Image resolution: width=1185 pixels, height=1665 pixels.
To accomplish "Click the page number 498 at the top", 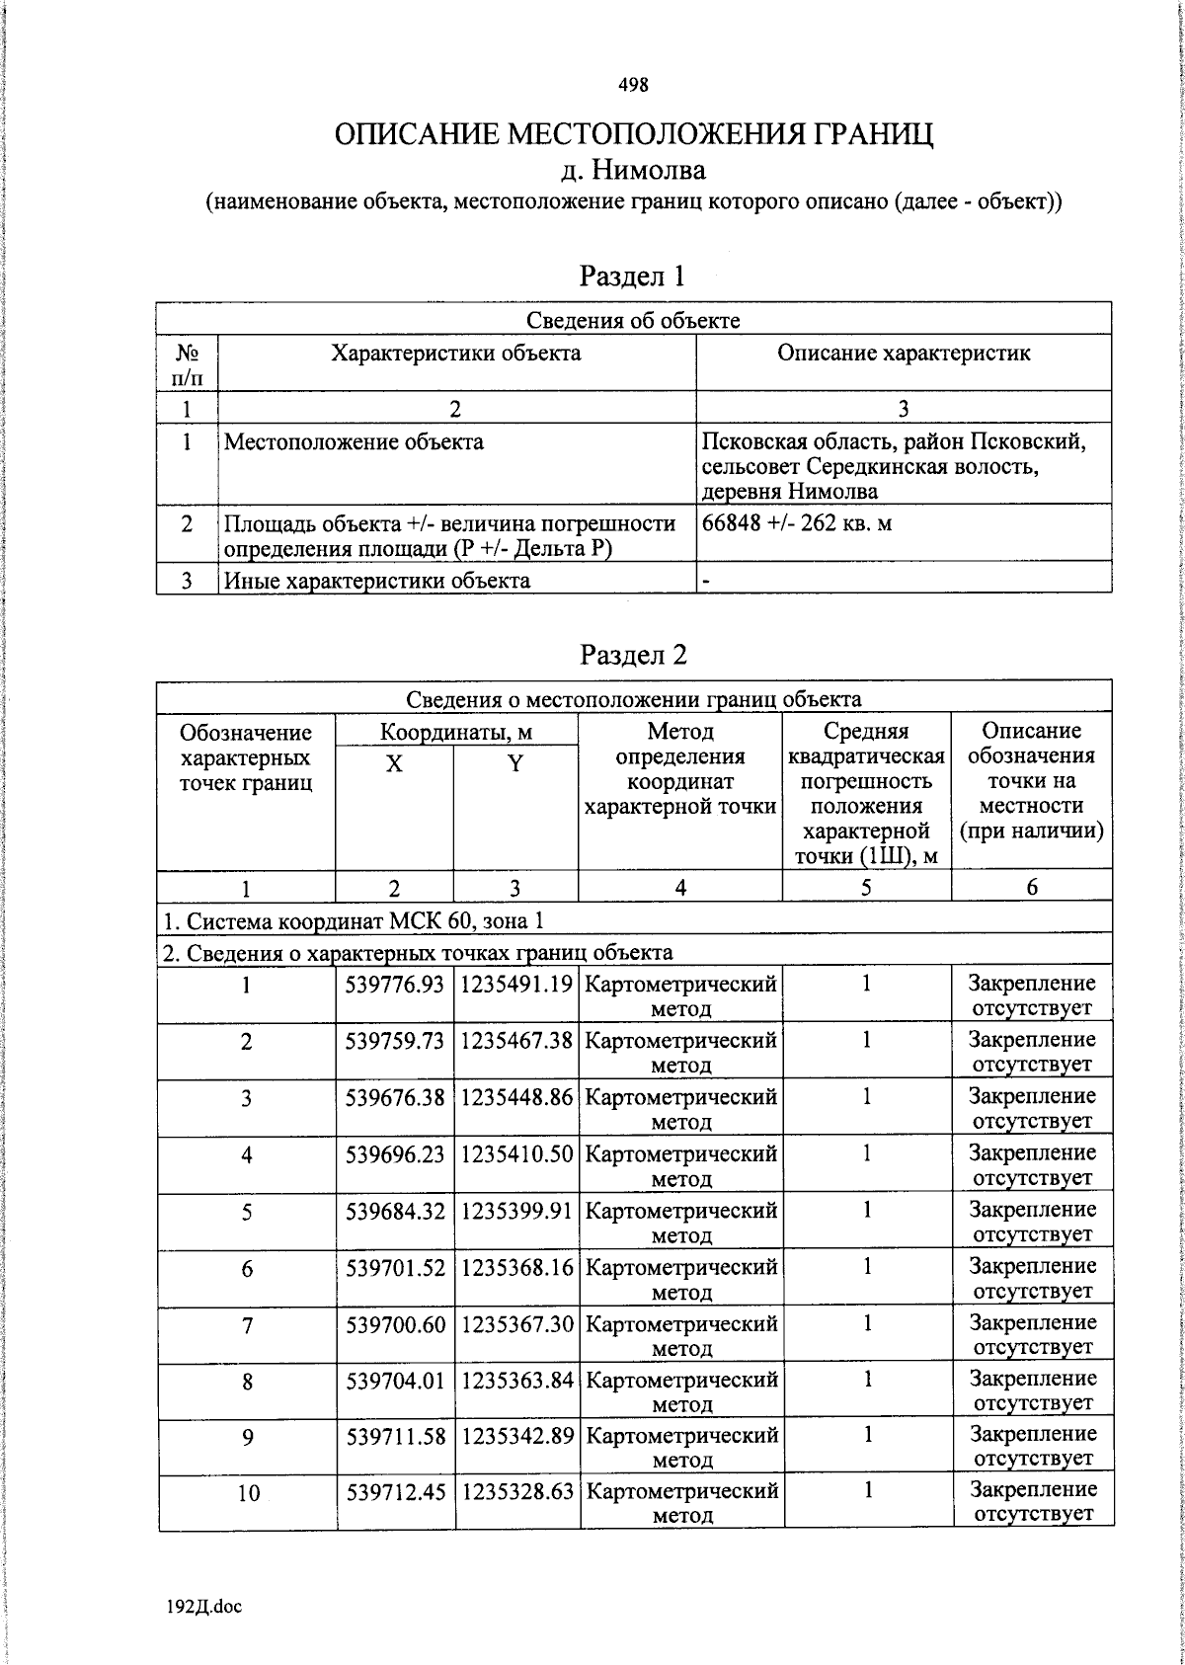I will tap(633, 85).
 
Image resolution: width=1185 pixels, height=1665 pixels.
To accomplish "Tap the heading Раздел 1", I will tap(632, 276).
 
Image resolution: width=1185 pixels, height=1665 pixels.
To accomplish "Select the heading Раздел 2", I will tap(633, 654).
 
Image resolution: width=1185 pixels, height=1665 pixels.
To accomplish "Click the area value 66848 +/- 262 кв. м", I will tap(796, 523).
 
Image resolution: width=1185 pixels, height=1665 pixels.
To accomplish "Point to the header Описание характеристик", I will tap(904, 354).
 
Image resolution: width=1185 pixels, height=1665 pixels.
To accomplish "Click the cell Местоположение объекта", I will tap(354, 441).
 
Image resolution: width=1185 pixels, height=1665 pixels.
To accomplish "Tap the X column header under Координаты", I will tap(394, 763).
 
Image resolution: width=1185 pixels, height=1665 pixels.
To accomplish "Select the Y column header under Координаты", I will tap(514, 763).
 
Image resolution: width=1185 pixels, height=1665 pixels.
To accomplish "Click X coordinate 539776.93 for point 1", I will tap(395, 984).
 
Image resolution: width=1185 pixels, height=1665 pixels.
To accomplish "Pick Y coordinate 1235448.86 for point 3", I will tap(516, 1097).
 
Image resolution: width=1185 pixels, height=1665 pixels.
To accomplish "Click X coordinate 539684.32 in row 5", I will tap(395, 1210).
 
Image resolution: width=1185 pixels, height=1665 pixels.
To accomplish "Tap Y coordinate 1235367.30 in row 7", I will tap(516, 1323).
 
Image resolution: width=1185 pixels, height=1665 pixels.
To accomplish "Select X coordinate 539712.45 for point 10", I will tap(395, 1490).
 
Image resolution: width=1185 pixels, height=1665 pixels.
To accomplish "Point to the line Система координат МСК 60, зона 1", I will tap(353, 921).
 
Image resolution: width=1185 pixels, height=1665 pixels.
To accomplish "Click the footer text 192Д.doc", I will tap(203, 1607).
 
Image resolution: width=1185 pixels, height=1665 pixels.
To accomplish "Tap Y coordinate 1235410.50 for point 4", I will tap(516, 1153).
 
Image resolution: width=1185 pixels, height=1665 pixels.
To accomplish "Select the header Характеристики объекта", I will tap(455, 354).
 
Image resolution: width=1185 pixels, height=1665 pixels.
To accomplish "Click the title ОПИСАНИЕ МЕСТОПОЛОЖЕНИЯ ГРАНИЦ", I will tap(633, 133).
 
